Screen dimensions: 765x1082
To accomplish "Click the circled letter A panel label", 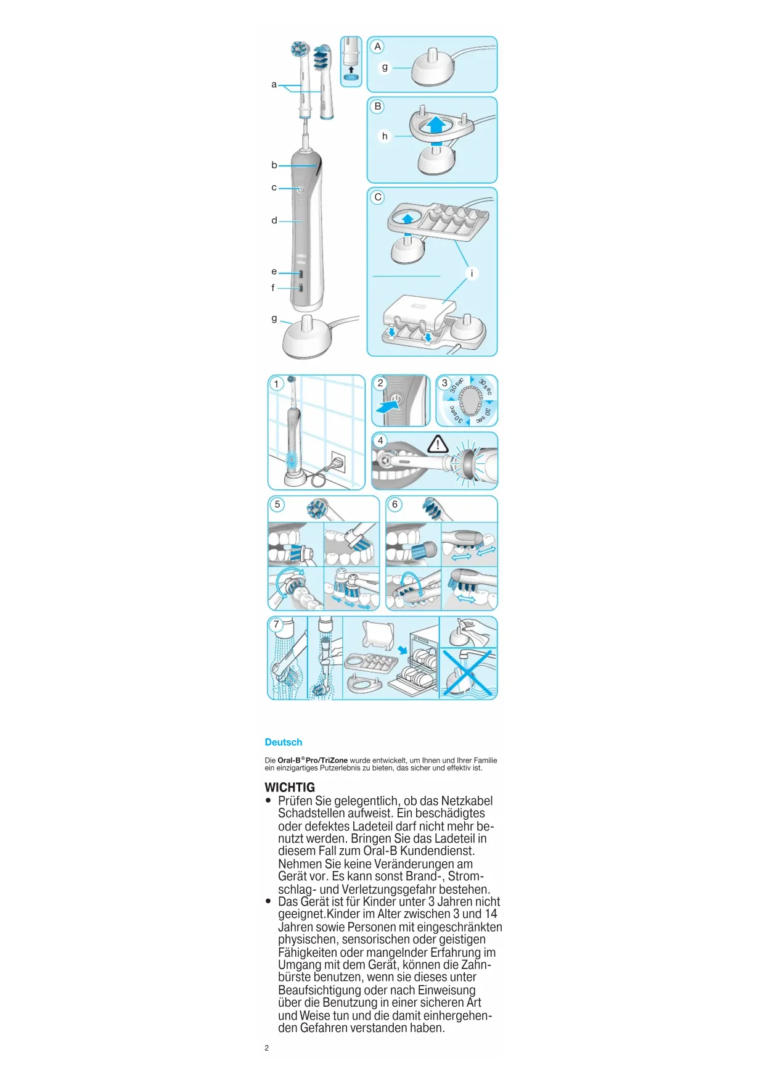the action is tap(378, 46).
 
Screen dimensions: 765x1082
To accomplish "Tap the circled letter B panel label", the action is tap(378, 106).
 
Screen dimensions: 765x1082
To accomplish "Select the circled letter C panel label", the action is tap(378, 197).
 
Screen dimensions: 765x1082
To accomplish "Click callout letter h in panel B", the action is tap(385, 136).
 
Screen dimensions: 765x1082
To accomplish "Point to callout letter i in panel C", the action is tap(472, 273).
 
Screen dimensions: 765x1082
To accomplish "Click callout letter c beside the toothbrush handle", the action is tap(274, 188).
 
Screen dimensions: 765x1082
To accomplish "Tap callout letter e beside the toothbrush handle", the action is tap(274, 271).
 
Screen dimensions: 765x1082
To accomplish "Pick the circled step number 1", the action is tap(276, 384).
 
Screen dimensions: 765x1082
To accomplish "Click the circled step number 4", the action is tap(380, 440).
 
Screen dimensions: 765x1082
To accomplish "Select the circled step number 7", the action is tap(276, 624).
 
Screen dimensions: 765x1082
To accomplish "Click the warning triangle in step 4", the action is tap(438, 444).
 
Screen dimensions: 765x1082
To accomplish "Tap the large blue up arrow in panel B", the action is tap(436, 124).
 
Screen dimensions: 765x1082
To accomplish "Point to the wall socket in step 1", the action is tap(338, 461).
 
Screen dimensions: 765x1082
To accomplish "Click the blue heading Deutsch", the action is tap(284, 742).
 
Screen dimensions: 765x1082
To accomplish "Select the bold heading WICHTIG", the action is tap(290, 787).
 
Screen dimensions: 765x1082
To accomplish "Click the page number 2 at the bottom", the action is tap(267, 1047).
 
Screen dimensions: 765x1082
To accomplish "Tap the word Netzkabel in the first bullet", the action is tap(467, 801).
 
